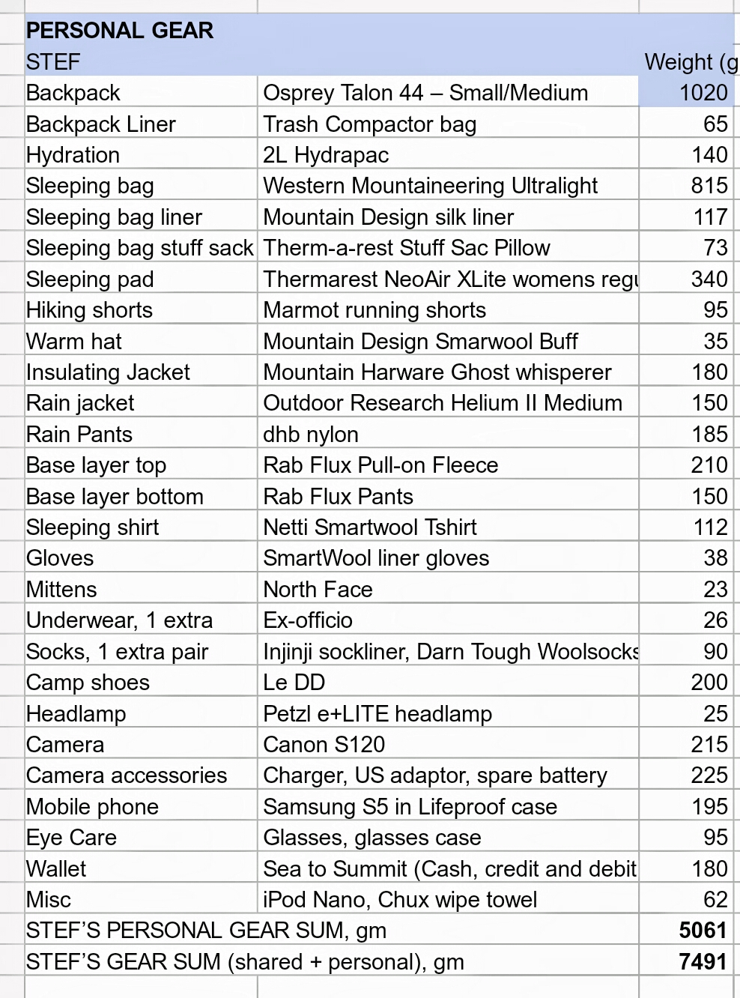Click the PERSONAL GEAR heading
120,31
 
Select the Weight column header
690,62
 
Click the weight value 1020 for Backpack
703,93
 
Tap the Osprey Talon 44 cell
425,93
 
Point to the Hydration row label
73,155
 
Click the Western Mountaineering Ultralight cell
430,186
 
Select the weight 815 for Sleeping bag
709,186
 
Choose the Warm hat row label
73,342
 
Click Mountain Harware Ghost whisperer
437,372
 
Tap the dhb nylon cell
310,435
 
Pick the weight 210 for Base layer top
709,465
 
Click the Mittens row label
61,590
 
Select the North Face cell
318,590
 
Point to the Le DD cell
294,683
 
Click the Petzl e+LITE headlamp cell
377,714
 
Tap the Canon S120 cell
324,745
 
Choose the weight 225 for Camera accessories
709,775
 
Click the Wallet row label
56,869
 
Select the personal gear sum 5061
703,931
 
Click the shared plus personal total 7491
703,962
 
